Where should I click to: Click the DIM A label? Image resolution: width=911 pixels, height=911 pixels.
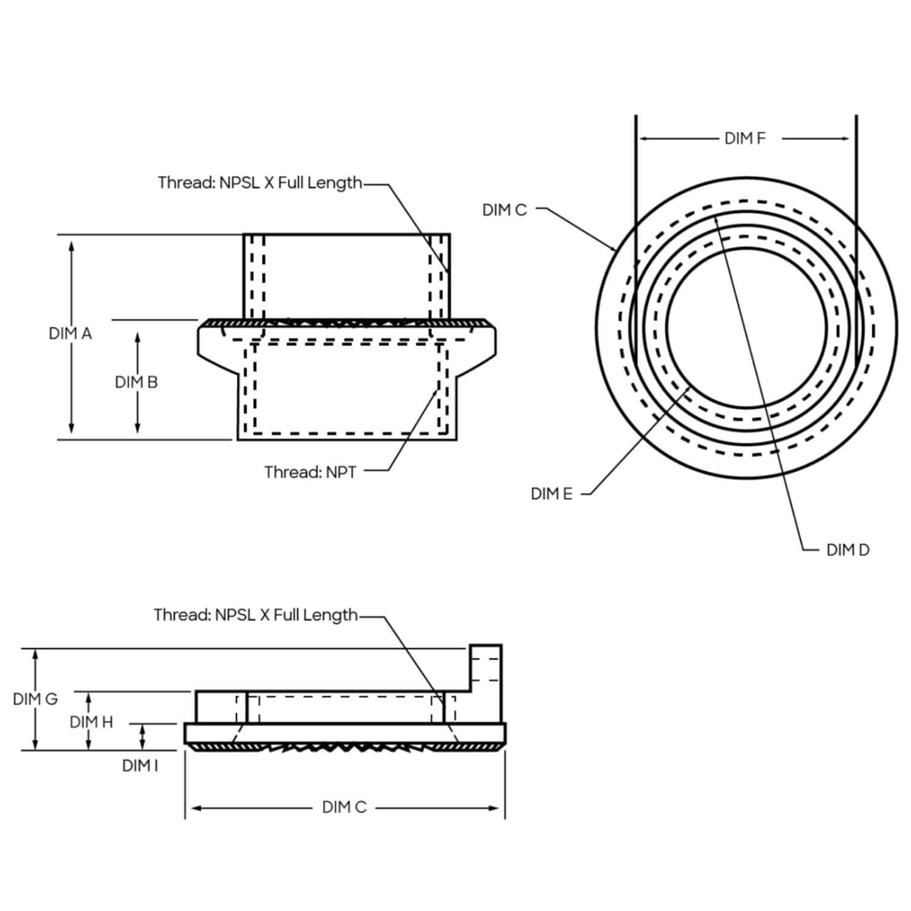point(70,333)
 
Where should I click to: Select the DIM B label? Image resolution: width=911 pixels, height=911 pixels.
point(136,382)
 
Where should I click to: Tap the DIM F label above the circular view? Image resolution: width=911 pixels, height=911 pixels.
point(744,138)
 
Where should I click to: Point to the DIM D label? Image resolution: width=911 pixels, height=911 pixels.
point(847,550)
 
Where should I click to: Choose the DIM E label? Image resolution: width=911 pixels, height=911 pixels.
point(551,494)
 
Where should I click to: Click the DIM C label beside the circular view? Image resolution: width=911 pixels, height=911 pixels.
point(504,210)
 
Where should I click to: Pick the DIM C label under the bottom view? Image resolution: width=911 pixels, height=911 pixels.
point(344,807)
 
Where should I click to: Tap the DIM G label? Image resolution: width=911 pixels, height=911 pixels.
point(35,699)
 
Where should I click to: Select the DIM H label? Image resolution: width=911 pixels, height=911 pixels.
point(91,722)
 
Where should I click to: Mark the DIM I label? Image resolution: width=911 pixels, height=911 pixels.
point(140,765)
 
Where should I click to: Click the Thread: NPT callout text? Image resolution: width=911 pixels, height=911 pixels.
point(310,472)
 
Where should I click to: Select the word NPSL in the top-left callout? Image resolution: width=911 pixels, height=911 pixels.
point(239,183)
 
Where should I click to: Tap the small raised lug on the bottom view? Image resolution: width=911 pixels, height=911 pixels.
point(486,667)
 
